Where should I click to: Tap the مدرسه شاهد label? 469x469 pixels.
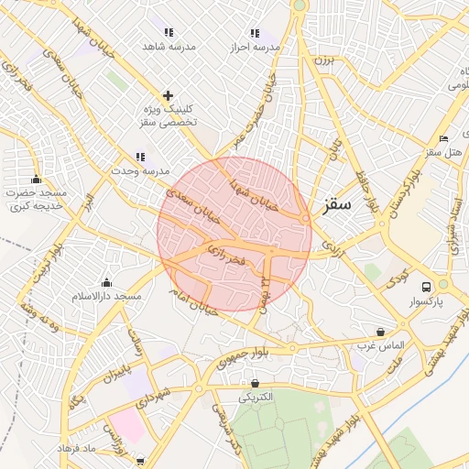tap(166, 46)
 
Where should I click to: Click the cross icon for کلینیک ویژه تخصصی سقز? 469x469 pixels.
tap(168, 95)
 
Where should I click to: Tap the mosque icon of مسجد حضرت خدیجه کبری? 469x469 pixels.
tap(37, 179)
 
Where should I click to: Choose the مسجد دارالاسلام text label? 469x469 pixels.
tap(107, 297)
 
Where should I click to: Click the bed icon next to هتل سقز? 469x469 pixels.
tap(444, 138)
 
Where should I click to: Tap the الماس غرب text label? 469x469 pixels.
tap(380, 345)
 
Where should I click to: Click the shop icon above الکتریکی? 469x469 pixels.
tap(255, 383)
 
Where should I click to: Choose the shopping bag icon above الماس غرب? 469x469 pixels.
tap(380, 332)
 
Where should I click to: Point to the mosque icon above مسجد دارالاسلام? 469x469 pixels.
tap(107, 282)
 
